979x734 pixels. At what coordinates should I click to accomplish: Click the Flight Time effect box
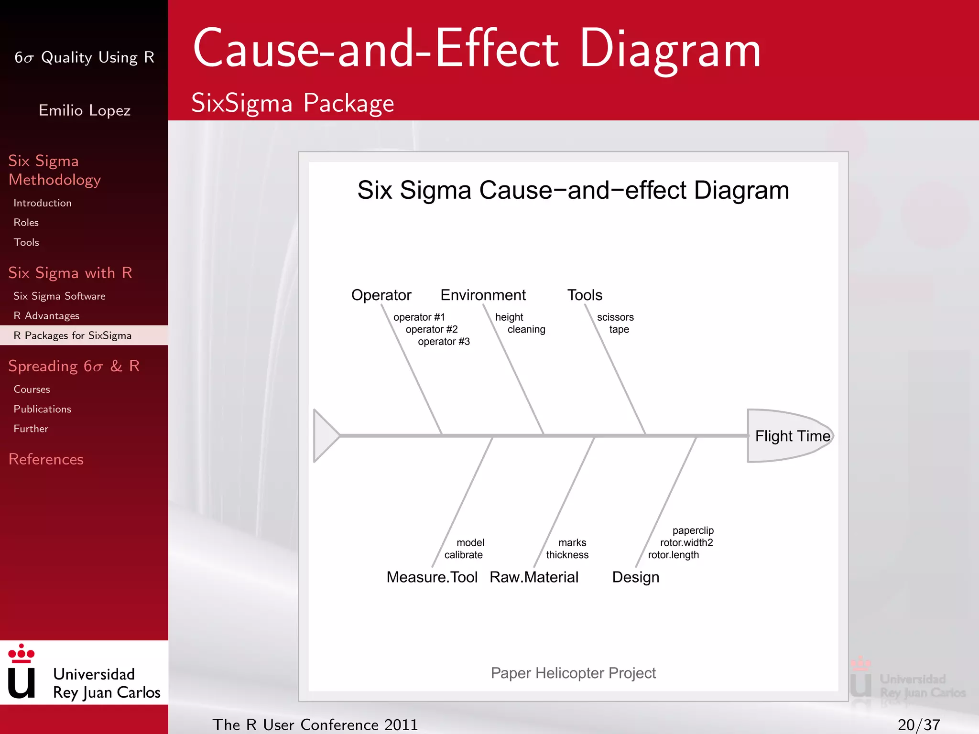(x=791, y=436)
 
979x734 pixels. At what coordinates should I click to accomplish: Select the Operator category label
(x=381, y=295)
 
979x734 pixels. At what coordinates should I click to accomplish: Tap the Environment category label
(x=483, y=295)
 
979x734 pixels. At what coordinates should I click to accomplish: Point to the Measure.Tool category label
(x=432, y=577)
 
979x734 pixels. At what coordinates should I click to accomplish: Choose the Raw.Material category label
(x=534, y=577)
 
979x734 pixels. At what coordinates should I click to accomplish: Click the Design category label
(x=635, y=577)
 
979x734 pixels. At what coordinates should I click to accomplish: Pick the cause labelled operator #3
(x=444, y=342)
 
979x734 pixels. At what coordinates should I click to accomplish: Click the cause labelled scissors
(x=615, y=317)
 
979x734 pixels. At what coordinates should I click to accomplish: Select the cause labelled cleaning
(x=526, y=329)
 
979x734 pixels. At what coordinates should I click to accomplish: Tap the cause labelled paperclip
(x=693, y=530)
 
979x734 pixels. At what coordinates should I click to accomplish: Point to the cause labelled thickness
(x=567, y=555)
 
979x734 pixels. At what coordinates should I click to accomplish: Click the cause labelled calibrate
(x=463, y=555)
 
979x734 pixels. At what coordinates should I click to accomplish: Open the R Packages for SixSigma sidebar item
(x=73, y=335)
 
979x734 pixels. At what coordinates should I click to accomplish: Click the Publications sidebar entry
(x=42, y=409)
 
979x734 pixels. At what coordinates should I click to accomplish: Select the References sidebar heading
(x=46, y=459)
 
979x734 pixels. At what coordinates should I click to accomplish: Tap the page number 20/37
(x=918, y=724)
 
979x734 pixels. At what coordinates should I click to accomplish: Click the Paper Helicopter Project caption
(x=573, y=673)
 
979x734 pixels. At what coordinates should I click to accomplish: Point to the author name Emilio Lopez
(x=85, y=110)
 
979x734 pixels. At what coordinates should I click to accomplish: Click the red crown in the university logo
(x=22, y=653)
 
